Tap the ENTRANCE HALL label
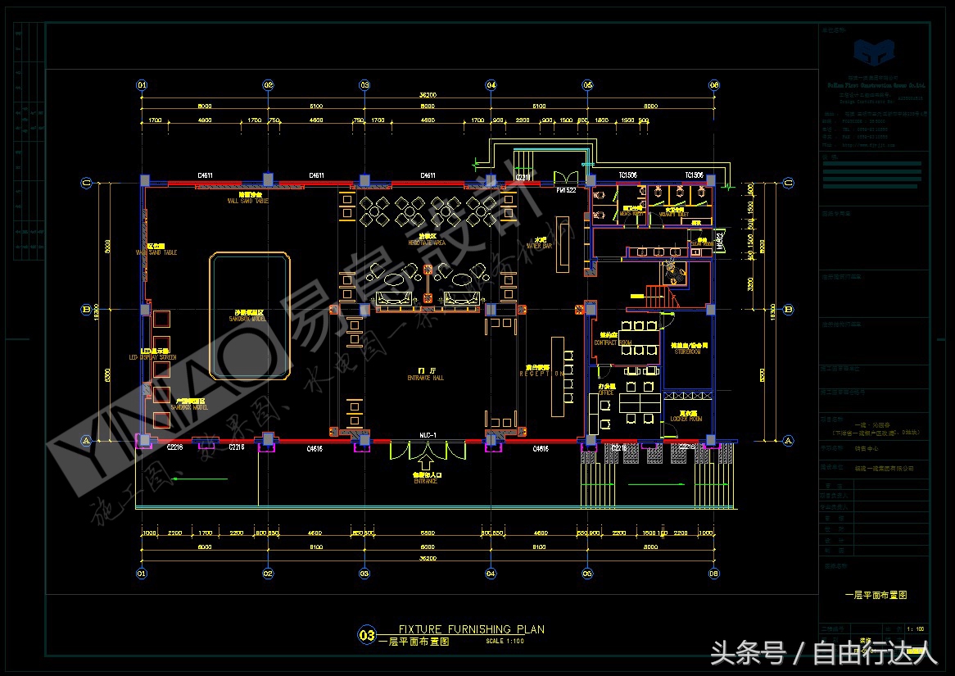point(425,377)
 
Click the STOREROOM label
point(688,350)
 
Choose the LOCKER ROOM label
point(688,418)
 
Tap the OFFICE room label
point(606,392)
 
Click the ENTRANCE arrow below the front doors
point(426,450)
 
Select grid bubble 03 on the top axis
point(364,84)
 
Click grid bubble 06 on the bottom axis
point(713,574)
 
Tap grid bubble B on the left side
point(86,310)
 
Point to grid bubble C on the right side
point(788,183)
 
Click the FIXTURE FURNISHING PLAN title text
point(470,629)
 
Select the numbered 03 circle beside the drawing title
point(366,634)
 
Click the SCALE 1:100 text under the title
point(505,642)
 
